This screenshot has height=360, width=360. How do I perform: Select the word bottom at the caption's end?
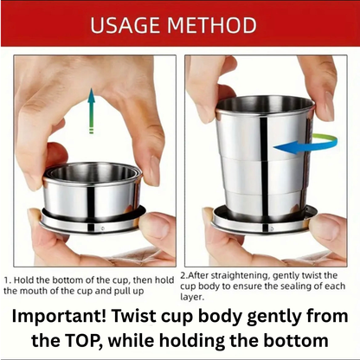point(299,340)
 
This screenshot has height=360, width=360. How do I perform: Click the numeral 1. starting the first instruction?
point(7,280)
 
